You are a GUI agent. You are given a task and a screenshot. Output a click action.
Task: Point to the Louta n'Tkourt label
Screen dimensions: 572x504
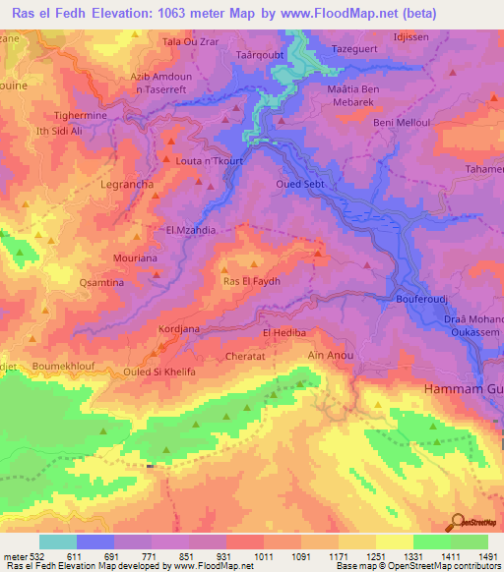[x=209, y=161]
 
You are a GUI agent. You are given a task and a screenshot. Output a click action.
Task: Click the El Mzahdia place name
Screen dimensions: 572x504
[x=190, y=231]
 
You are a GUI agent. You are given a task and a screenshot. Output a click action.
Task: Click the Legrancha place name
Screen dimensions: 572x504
[x=127, y=184]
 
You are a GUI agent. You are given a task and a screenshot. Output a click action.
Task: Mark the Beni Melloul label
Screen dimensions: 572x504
[x=399, y=123]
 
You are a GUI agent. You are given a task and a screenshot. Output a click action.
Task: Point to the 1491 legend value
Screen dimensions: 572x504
[x=488, y=556]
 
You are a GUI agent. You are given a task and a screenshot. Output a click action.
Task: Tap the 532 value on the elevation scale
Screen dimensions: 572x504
[x=32, y=556]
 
